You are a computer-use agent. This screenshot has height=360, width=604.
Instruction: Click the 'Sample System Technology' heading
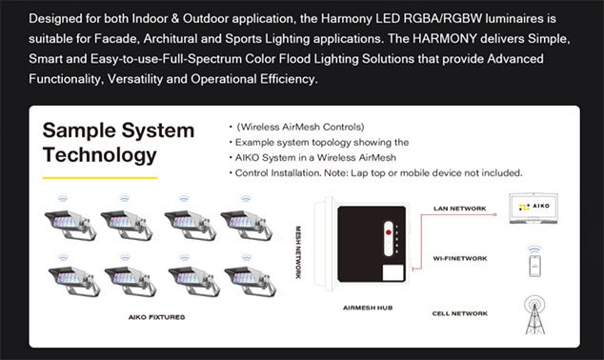(119, 143)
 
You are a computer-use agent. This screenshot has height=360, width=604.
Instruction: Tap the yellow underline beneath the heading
(100, 178)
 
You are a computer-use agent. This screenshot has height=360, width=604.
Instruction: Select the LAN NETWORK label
(460, 209)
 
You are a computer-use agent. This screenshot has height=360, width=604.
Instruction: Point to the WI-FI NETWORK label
(460, 258)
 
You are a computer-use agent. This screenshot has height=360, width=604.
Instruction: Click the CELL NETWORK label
(460, 313)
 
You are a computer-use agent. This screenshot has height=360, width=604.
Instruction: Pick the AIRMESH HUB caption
(368, 308)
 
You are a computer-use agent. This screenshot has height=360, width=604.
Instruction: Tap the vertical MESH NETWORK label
(298, 252)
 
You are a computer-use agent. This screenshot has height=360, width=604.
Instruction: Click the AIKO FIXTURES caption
(157, 317)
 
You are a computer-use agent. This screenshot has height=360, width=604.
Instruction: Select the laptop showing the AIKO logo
(534, 209)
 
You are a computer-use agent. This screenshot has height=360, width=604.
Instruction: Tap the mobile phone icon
(534, 266)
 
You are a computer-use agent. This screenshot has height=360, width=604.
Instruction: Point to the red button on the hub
(389, 232)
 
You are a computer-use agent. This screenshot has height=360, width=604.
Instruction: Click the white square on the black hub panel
(393, 272)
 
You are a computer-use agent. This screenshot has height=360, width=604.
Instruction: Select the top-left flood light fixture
(70, 225)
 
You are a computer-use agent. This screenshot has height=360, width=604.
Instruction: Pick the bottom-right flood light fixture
(251, 281)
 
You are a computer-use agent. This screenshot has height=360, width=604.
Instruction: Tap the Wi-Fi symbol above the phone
(534, 249)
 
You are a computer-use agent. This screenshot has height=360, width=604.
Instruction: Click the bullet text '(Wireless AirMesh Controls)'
(300, 127)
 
